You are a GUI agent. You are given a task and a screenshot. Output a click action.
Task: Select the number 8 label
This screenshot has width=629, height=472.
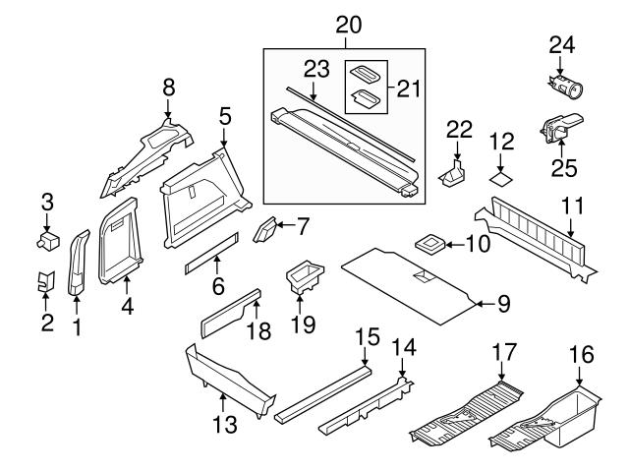pyautogui.click(x=168, y=88)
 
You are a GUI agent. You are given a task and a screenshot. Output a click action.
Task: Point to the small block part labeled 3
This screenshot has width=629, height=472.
pyautogui.click(x=47, y=240)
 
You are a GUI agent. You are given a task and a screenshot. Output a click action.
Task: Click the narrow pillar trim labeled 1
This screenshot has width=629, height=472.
pyautogui.click(x=77, y=265)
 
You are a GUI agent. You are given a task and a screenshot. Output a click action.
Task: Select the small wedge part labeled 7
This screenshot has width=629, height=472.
pyautogui.click(x=264, y=232)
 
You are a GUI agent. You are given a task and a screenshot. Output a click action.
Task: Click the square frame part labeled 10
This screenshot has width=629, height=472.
pyautogui.click(x=429, y=243)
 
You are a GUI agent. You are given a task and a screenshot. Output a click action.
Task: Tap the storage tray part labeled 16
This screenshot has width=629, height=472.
pyautogui.click(x=561, y=418)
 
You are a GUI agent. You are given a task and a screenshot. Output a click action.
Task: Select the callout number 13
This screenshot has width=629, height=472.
pyautogui.click(x=224, y=425)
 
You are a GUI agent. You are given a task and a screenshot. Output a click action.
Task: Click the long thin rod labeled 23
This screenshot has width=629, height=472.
pyautogui.click(x=344, y=108)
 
